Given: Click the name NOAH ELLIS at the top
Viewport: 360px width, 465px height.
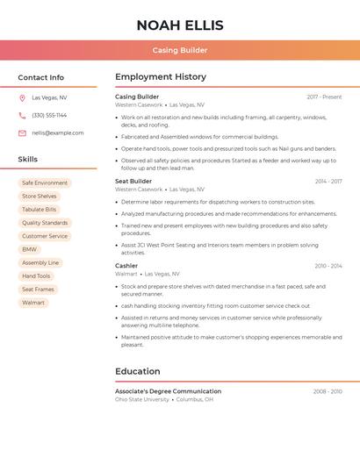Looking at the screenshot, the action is point(180,25).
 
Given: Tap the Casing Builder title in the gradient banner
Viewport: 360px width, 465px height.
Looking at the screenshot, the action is point(180,51).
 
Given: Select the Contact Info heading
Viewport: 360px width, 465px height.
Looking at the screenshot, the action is point(41,77).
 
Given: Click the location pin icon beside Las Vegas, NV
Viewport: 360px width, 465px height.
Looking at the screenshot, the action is point(22,98).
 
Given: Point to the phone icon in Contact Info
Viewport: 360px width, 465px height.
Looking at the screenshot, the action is point(22,116).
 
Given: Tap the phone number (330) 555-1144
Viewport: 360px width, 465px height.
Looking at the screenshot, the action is point(49,116).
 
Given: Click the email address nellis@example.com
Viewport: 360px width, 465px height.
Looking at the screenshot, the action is point(58,133).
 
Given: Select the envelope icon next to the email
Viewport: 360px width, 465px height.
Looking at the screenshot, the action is point(22,133).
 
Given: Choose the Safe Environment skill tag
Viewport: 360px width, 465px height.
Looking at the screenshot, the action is point(45,183).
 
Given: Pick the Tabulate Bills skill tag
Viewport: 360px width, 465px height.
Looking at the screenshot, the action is point(40,210).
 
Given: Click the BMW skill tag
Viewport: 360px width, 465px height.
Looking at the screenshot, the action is point(30,249).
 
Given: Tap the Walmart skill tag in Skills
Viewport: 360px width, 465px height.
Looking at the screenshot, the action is point(33,303).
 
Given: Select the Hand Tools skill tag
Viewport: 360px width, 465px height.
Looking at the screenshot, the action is point(36,276).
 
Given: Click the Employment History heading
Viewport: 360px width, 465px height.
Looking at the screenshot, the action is point(161,77).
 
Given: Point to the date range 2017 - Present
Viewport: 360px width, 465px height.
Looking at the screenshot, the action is point(324,97).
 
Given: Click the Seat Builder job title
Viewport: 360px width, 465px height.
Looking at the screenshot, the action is point(133,182).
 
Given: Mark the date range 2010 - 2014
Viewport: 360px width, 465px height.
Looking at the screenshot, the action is point(328,266).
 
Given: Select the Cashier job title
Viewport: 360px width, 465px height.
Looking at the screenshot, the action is point(126,266).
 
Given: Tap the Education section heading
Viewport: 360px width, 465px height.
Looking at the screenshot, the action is point(138,371).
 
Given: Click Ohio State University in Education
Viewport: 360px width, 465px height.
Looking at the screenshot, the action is point(142,399).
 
